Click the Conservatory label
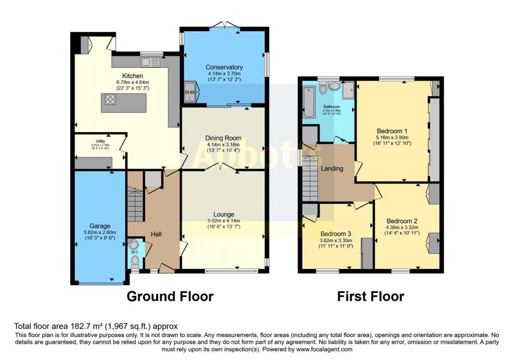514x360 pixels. point(224,67)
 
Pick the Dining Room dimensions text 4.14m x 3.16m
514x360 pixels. point(223,145)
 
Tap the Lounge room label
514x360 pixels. point(223,214)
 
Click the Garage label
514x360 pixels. point(100,226)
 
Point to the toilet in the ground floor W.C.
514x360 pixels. point(134,262)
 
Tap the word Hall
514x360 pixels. point(157,234)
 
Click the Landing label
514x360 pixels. point(332,169)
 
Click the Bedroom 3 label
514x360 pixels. point(335,234)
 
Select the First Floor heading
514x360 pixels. point(370,296)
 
